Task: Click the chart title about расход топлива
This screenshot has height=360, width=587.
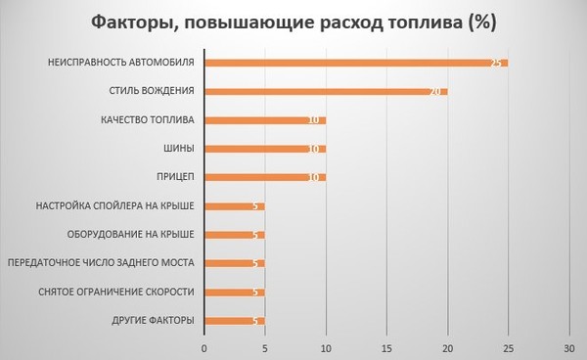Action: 293,22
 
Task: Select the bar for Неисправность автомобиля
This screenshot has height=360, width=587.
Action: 356,63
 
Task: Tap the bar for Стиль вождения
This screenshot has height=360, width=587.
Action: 326,91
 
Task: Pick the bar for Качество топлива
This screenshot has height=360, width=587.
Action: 265,120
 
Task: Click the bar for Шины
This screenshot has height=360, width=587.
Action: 265,149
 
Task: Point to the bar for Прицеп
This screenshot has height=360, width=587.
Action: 265,177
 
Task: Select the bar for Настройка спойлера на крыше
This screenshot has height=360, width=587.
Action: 235,206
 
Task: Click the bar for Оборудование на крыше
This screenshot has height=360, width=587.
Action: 235,235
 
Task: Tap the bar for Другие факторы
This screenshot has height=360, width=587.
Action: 235,321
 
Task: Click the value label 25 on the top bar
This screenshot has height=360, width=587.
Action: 497,63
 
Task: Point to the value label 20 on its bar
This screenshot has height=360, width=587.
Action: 436,91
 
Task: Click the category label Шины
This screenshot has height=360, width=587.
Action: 178,149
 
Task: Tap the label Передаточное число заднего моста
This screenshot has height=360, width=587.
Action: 101,263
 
